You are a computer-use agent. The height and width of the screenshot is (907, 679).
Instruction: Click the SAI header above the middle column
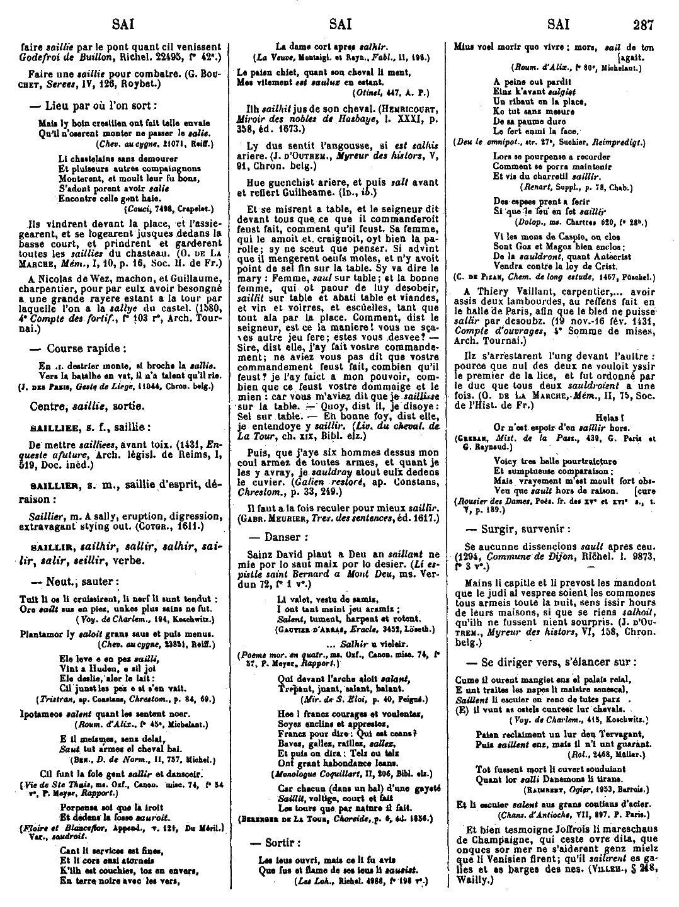pos(340,26)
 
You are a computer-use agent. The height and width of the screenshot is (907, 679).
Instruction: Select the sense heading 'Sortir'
pos(280,843)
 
